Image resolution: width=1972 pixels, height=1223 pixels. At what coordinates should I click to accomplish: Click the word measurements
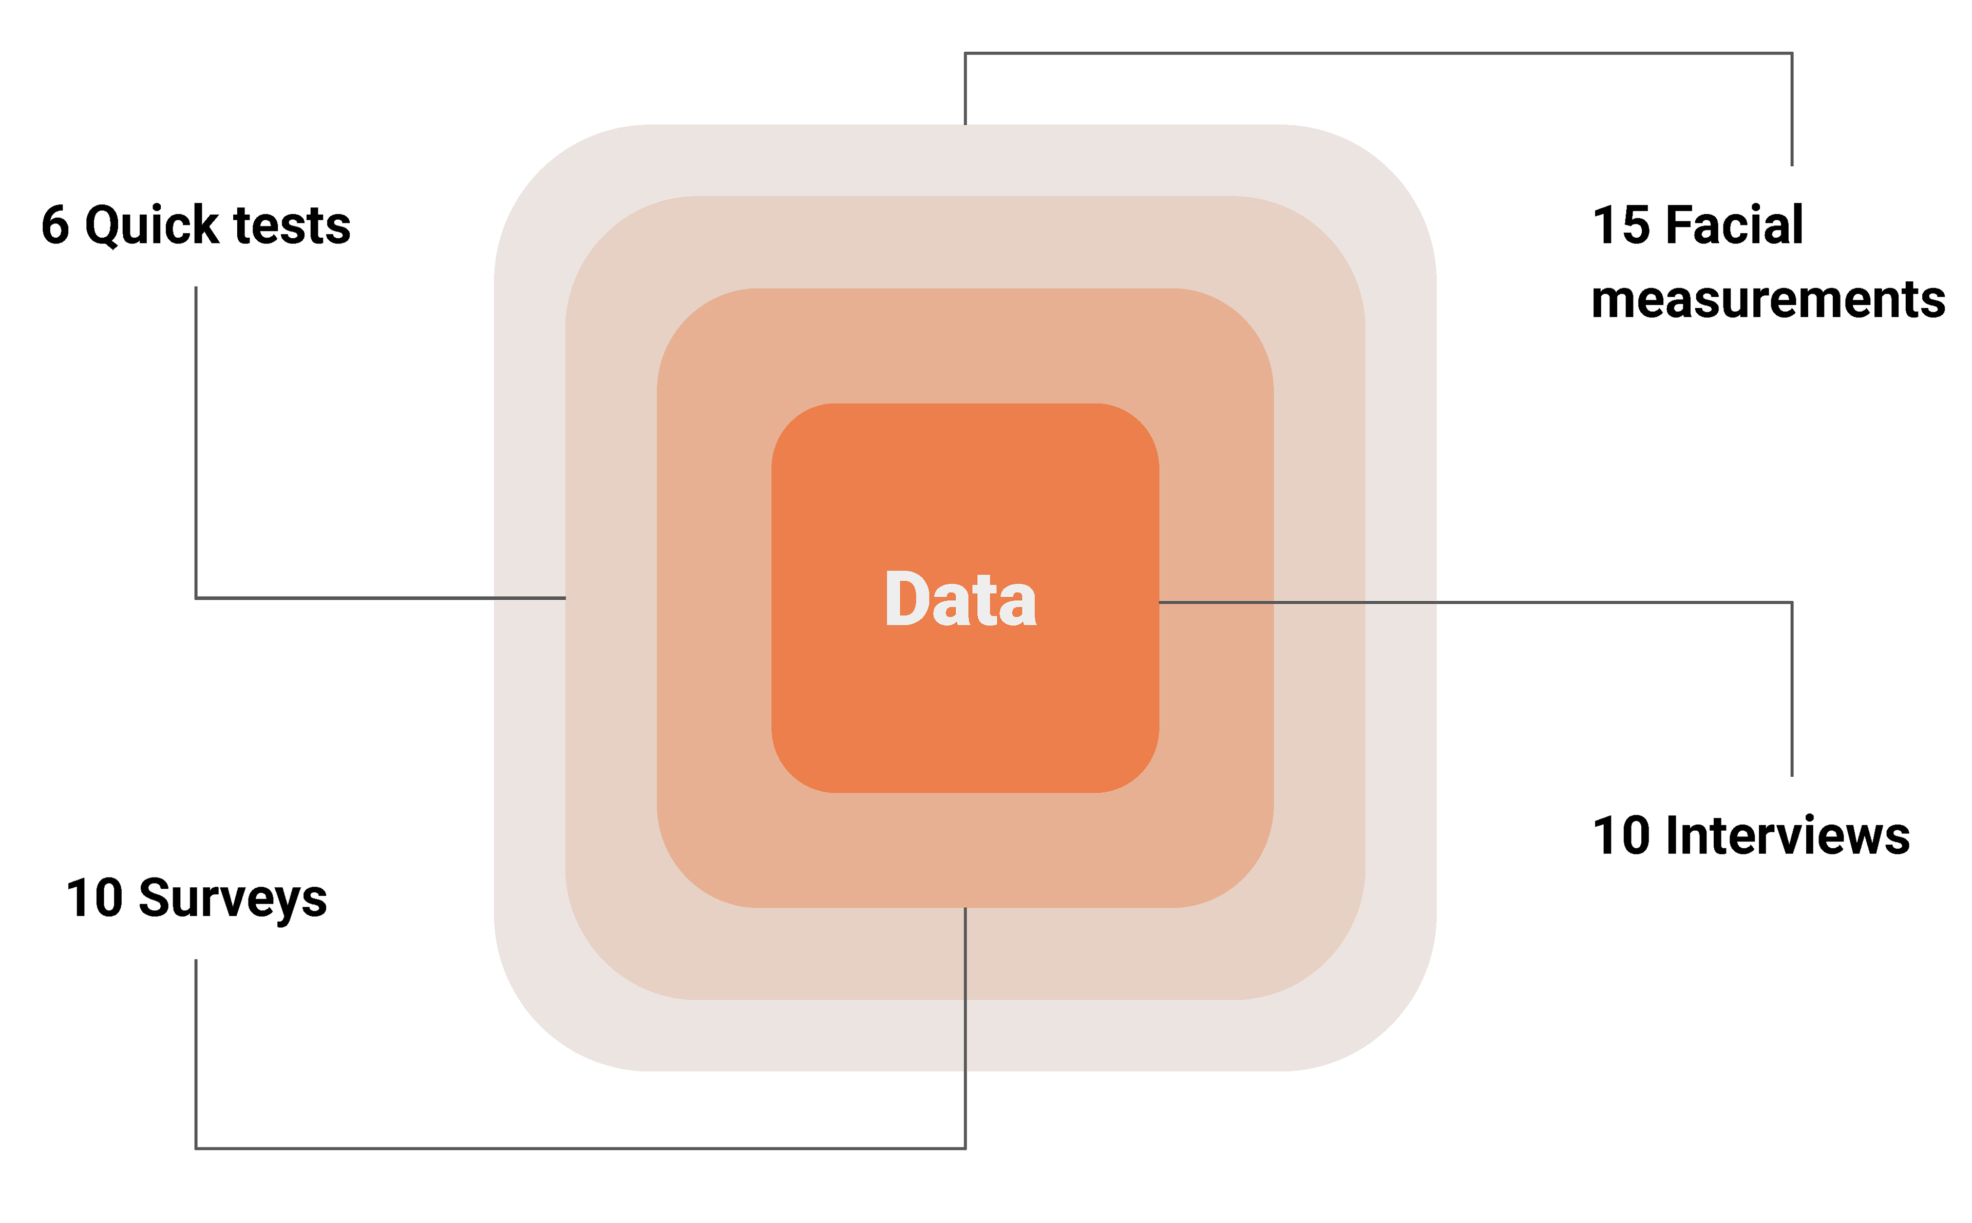1768,300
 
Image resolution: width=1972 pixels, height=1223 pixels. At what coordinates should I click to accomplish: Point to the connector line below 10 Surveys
196,1052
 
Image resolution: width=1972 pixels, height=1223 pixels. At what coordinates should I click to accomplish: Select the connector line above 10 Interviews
1792,687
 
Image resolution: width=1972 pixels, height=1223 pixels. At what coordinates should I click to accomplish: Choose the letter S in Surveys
155,899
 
